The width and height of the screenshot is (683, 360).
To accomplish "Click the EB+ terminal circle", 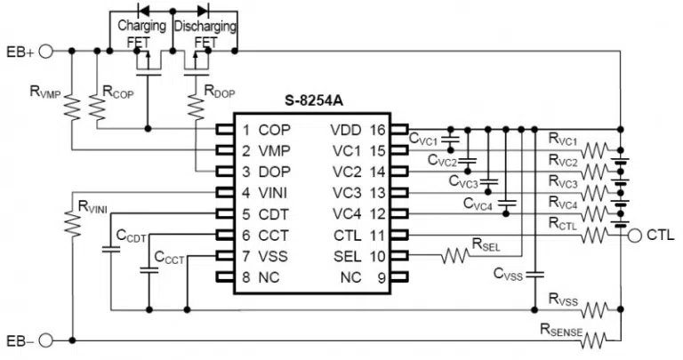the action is coord(45,52).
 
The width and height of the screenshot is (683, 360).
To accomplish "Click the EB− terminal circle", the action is coord(45,340).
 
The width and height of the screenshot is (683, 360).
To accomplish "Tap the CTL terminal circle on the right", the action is coord(635,236).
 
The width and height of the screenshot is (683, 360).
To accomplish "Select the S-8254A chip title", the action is coord(314,101).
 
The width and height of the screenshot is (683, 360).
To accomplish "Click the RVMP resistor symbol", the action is coord(72,108).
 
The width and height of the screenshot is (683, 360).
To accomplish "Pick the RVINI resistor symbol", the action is coord(72,224).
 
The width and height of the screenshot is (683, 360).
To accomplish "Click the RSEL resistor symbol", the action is coord(455,256).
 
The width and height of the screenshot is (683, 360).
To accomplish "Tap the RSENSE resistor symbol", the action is coord(593,340).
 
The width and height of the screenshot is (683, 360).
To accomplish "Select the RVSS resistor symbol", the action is coord(594,310).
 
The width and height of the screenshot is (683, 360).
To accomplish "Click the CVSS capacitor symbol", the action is coord(534,276).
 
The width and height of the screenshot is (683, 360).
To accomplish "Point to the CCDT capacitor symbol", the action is coord(111,250).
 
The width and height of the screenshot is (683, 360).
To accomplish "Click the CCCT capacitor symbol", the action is coord(149,270).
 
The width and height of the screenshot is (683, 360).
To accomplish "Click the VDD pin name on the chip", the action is coord(346,130).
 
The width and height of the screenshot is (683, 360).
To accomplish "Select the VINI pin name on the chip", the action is coord(273,193).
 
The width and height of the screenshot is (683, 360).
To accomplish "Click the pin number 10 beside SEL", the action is coord(378,256).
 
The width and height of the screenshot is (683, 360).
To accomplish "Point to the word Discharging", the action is coord(205,26).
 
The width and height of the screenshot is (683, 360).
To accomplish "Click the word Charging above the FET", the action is coord(142,26).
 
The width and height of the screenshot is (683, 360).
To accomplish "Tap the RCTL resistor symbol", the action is coord(594,236).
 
